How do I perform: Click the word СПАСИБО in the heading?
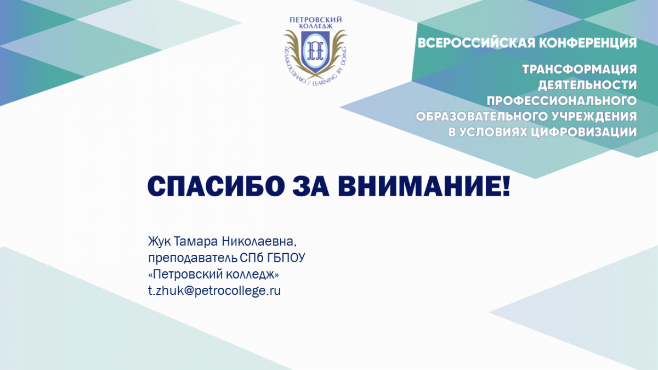[x=216, y=186]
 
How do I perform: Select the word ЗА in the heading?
[x=311, y=186]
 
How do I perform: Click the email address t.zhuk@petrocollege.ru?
[x=214, y=291]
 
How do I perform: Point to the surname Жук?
[x=159, y=241]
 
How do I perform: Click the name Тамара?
[x=196, y=242]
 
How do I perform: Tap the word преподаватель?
[x=192, y=258]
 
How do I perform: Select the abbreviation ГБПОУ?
[x=286, y=258]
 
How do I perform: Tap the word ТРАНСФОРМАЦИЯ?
[x=580, y=70]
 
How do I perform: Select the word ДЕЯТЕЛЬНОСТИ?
[x=587, y=85]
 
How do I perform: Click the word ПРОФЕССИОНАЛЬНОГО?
[x=561, y=101]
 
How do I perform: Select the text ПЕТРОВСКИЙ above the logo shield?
[x=316, y=20]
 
